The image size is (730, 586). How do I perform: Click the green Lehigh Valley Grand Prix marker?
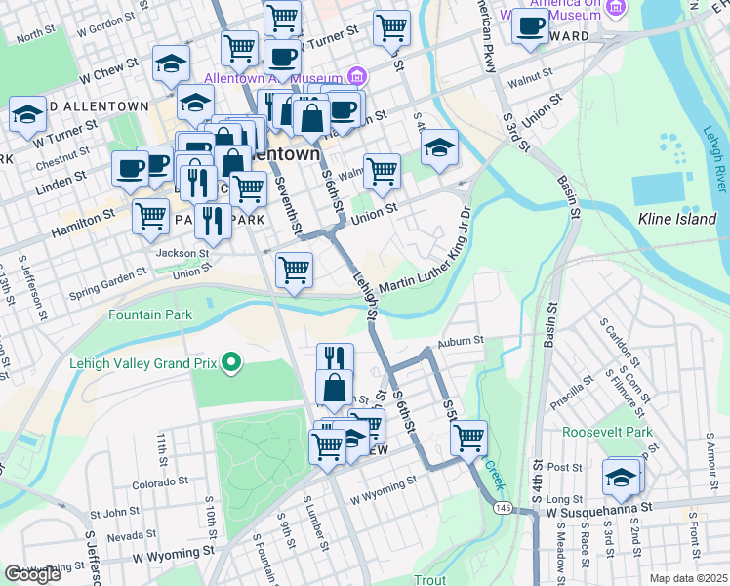click(x=231, y=363)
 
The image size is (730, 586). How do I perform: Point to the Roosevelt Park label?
click(x=606, y=432)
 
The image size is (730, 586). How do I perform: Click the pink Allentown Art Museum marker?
click(x=357, y=77)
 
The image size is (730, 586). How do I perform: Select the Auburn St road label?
click(x=461, y=341)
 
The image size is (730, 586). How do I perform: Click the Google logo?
click(x=32, y=574)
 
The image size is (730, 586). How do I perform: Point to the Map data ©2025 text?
click(x=687, y=578)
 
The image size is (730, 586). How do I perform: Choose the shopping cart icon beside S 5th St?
click(x=469, y=435)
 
